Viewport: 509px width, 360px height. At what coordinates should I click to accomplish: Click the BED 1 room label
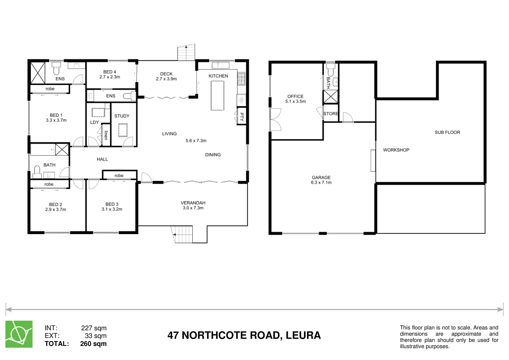click(56, 115)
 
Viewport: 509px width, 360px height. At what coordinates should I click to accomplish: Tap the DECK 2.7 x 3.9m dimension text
click(166, 79)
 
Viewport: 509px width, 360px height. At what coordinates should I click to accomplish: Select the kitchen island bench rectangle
click(217, 95)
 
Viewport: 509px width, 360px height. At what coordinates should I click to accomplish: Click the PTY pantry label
click(242, 117)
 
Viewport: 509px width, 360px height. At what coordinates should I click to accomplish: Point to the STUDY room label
click(122, 116)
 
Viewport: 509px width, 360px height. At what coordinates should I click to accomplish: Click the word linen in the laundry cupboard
click(106, 135)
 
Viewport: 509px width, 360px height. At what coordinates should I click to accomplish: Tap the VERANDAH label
click(193, 203)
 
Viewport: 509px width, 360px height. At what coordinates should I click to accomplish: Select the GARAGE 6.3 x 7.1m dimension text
click(321, 183)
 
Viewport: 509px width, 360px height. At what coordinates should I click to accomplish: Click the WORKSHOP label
click(396, 150)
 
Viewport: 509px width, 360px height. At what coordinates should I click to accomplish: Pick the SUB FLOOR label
click(447, 132)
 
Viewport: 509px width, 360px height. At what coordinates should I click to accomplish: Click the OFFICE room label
click(295, 96)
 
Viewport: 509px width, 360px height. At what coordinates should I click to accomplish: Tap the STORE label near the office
click(331, 114)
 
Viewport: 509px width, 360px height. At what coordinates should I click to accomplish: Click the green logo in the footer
click(19, 334)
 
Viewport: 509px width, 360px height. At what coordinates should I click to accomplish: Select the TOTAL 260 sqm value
click(93, 344)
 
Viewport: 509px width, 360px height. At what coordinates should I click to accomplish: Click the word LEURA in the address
click(303, 335)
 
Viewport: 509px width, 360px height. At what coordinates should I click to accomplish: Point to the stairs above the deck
click(186, 52)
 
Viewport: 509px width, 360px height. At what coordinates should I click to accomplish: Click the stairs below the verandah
click(182, 234)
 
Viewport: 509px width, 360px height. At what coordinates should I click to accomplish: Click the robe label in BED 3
click(119, 176)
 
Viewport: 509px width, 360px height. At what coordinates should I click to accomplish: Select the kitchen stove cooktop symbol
click(241, 78)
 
